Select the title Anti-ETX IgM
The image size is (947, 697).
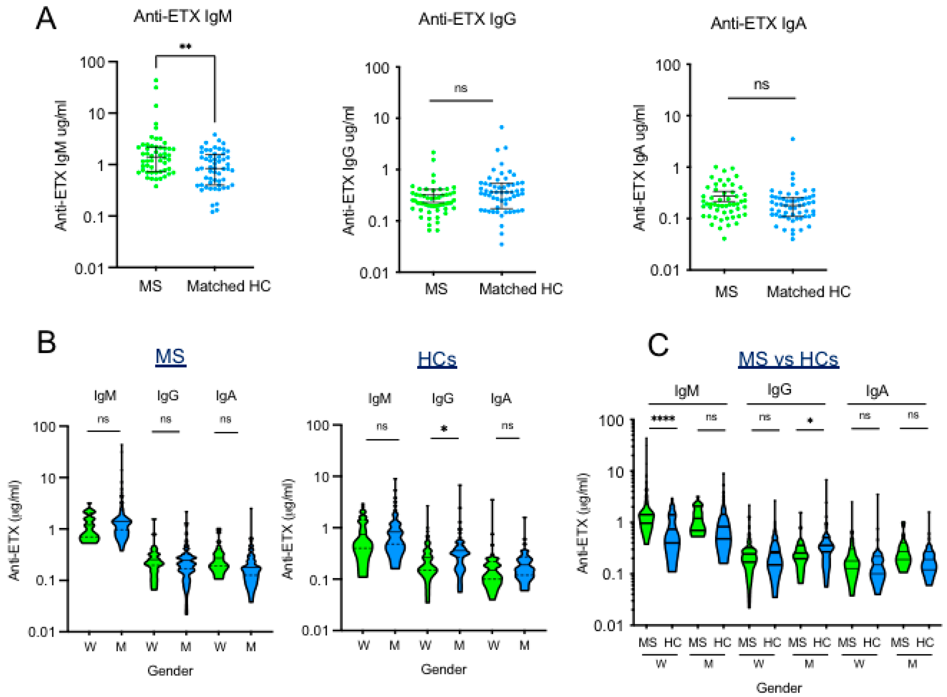point(182,17)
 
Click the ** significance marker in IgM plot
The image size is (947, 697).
point(185,46)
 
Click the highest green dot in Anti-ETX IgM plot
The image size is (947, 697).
point(156,80)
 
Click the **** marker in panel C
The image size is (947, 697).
point(663,419)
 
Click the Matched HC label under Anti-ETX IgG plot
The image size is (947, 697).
point(521,289)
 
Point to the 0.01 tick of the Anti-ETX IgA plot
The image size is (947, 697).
point(665,270)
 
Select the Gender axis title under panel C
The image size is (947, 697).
point(778,688)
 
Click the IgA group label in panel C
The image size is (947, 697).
point(877,391)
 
